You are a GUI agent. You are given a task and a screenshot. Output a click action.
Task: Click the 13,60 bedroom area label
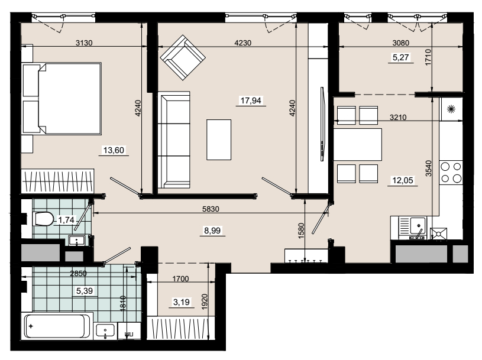click(114, 150)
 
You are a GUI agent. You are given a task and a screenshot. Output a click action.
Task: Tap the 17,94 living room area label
click(251, 100)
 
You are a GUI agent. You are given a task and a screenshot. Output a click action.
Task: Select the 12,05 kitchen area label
click(403, 180)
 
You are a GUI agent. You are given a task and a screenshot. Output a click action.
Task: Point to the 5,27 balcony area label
click(401, 57)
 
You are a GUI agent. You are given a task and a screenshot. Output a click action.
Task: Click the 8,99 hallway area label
click(212, 231)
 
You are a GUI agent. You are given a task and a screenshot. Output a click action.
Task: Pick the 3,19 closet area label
click(182, 302)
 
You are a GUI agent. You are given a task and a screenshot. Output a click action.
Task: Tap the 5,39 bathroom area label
click(84, 291)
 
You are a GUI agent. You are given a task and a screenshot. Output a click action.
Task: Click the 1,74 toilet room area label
click(66, 220)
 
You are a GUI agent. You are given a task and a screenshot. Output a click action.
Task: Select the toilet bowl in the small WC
click(43, 219)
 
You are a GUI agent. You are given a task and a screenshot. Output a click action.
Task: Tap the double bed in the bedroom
click(62, 98)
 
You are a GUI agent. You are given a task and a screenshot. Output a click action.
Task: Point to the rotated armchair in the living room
click(183, 57)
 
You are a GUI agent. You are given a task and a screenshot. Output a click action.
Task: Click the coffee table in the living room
click(219, 140)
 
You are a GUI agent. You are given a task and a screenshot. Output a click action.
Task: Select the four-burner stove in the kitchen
click(451, 173)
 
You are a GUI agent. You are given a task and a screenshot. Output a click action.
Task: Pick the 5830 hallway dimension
click(211, 209)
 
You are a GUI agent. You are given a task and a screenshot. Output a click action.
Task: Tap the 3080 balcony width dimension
click(401, 43)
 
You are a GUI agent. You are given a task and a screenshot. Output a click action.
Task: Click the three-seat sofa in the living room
click(174, 140)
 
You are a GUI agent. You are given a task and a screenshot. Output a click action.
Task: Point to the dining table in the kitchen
click(358, 144)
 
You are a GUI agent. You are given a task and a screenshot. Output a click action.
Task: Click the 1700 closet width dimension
click(180, 279)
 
